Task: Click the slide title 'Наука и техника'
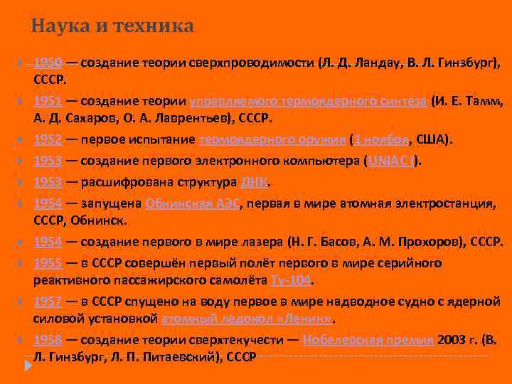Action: point(112,27)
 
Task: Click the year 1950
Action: point(48,63)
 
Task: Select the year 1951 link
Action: point(48,101)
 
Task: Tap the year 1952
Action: point(48,139)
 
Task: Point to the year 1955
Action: point(48,264)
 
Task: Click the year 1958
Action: point(48,340)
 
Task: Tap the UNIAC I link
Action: point(392,160)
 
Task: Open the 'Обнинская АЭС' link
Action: point(193,204)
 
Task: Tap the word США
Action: point(434,139)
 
